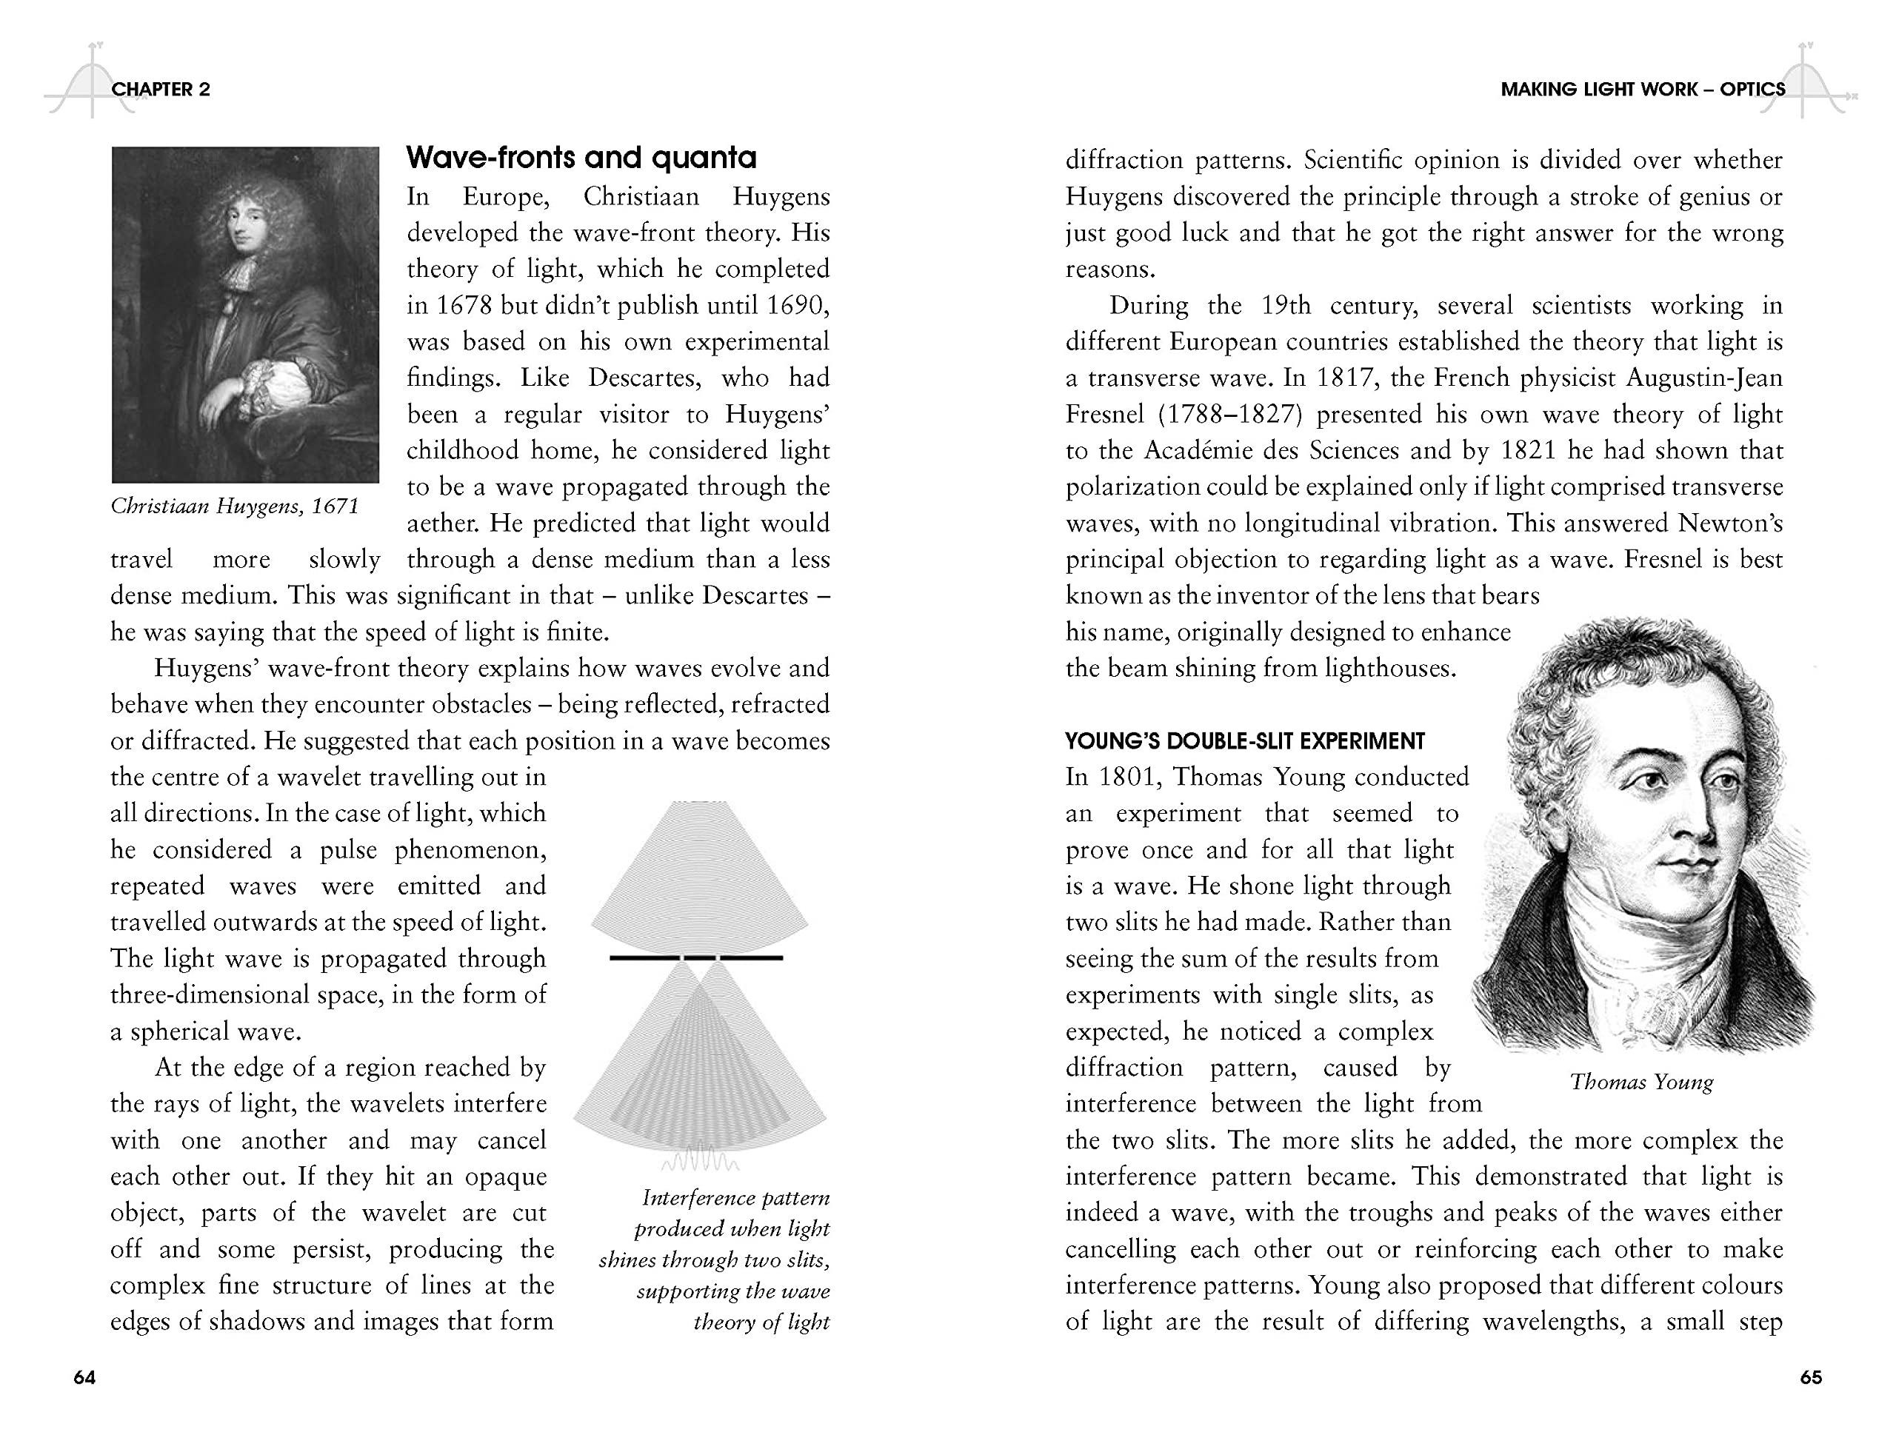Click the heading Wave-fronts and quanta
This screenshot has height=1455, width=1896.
(x=581, y=158)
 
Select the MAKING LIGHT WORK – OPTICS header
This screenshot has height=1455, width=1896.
(x=1642, y=89)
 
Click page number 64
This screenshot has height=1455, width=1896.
(x=84, y=1377)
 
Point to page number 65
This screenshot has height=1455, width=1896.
(x=1810, y=1377)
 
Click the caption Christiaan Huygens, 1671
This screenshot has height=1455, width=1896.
(x=234, y=506)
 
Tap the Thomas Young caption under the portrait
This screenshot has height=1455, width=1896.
(x=1641, y=1082)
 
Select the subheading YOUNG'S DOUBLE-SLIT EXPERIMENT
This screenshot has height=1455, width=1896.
(x=1245, y=741)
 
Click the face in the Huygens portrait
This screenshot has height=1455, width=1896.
(x=244, y=227)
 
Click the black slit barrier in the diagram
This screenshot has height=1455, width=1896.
(x=695, y=957)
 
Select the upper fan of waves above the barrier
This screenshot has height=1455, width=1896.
(x=700, y=874)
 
